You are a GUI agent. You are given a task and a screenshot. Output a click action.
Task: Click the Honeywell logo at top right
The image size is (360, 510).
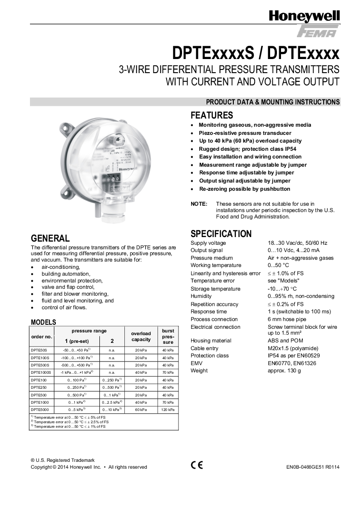304,17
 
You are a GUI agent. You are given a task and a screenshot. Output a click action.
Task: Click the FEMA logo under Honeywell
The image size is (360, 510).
317,32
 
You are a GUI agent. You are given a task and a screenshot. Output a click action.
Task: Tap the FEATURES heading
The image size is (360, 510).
212,115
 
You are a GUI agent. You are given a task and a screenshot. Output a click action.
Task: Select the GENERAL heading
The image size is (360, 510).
50,238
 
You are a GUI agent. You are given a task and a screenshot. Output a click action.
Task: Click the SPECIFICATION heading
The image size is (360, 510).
221,234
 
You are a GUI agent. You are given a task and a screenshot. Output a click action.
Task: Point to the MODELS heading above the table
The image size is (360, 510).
43,322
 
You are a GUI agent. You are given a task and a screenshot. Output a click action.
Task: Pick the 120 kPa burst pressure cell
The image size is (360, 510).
168,410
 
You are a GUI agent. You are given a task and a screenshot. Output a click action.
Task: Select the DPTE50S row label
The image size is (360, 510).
39,350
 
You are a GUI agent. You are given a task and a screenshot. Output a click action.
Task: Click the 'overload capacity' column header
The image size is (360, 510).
141,337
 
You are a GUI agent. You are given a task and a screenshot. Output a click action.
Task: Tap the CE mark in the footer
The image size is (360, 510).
197,465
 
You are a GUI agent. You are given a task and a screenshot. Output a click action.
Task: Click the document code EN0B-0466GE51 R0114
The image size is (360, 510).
313,467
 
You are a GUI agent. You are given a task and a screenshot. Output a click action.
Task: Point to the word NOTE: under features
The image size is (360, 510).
199,204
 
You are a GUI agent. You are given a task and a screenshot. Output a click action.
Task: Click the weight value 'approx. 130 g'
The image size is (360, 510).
284,371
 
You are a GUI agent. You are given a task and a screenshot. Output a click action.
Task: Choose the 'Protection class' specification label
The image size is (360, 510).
210,356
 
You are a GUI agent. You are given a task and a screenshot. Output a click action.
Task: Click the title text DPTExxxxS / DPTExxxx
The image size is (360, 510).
256,54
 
